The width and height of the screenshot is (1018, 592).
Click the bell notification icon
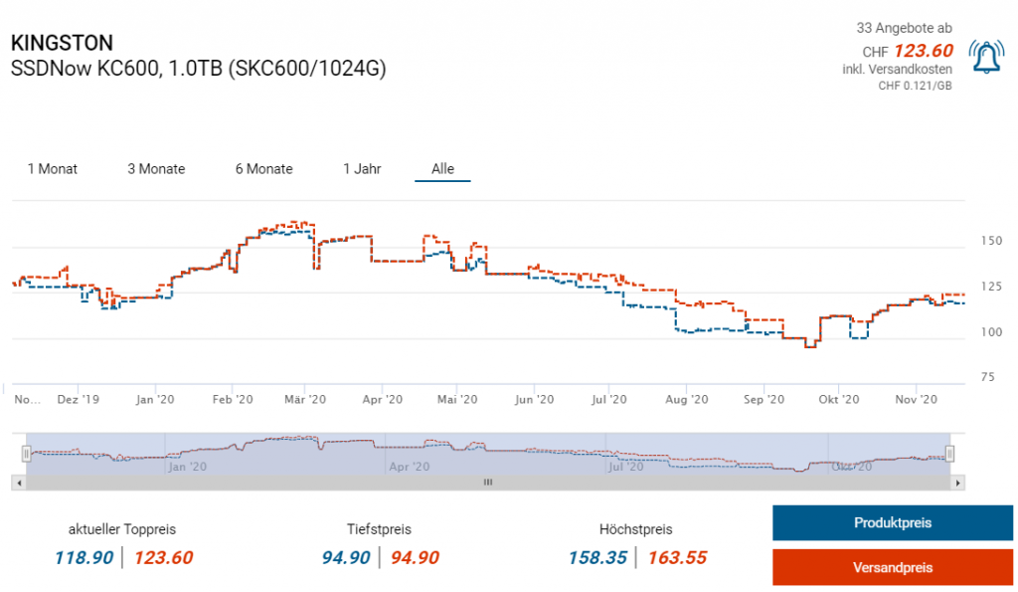click(986, 58)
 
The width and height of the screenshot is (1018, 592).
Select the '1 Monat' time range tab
click(53, 169)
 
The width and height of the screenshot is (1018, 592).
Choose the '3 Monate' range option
click(156, 169)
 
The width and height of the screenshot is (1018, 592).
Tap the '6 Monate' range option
click(263, 169)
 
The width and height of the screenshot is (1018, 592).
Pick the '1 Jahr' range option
click(362, 169)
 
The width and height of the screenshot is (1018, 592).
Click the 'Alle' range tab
click(442, 169)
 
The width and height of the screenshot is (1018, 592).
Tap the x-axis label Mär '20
click(305, 400)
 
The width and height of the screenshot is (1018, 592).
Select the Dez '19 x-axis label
click(79, 400)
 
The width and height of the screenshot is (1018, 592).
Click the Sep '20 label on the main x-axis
click(761, 400)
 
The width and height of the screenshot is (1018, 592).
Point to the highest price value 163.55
click(677, 558)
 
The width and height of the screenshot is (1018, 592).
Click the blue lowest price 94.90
click(346, 558)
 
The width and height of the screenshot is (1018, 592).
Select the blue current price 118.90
click(85, 558)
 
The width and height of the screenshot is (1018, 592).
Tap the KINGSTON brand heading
click(62, 43)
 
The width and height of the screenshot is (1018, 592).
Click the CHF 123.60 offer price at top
click(923, 51)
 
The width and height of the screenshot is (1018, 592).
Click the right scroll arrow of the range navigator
click(957, 483)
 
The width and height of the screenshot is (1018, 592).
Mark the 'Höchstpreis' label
click(636, 529)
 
